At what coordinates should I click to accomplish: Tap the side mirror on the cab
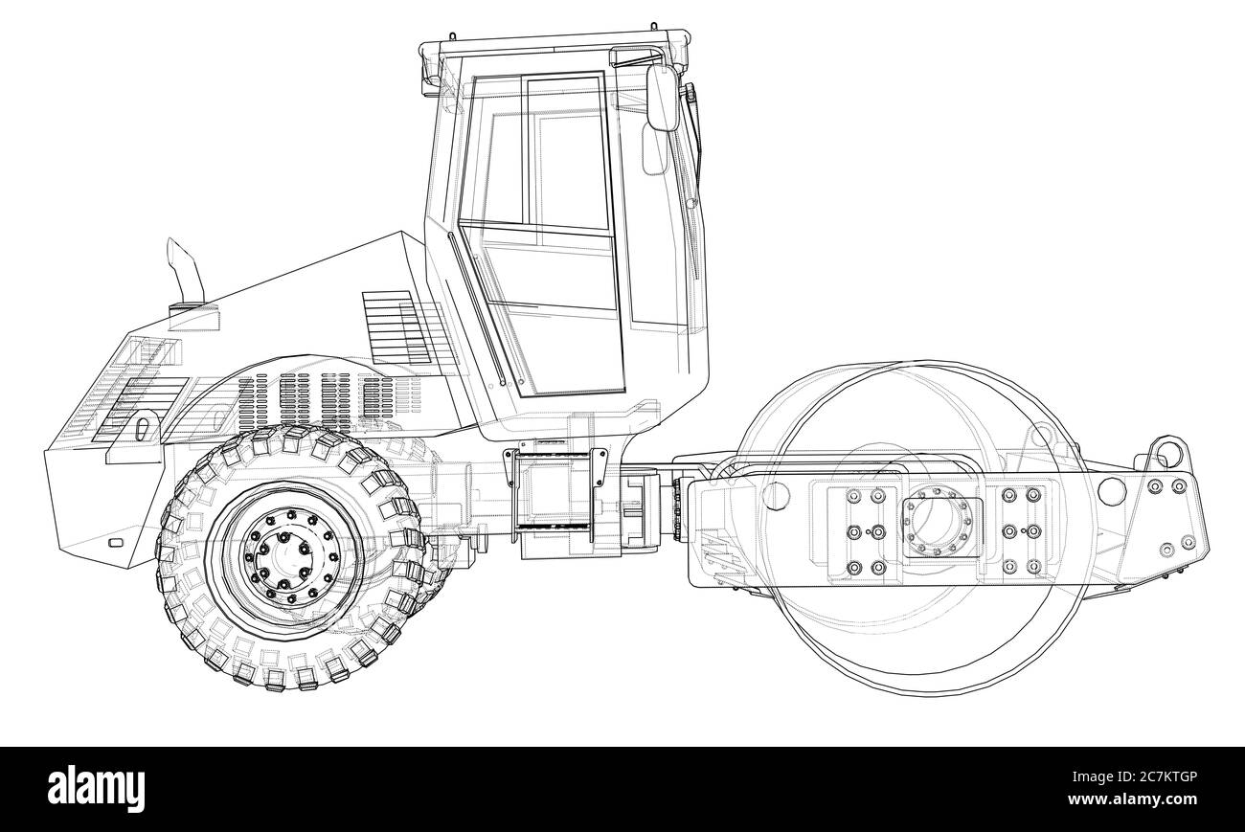[661, 98]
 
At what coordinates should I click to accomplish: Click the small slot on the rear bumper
[116, 543]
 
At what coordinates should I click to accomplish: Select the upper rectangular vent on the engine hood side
[396, 326]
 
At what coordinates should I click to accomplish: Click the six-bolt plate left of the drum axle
[864, 531]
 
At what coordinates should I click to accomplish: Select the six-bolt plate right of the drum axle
[1019, 531]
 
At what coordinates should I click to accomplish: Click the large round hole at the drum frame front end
[1112, 491]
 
